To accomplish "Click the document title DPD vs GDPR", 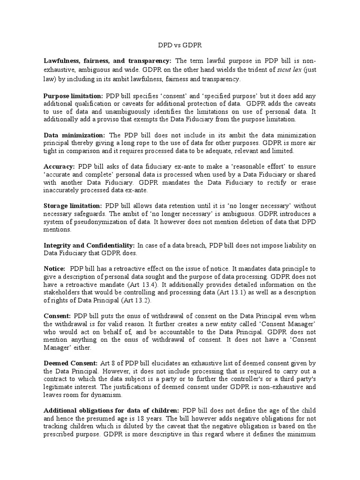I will coord(180,47).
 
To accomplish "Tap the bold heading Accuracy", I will coord(60,166).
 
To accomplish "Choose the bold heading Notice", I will coord(54,269).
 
